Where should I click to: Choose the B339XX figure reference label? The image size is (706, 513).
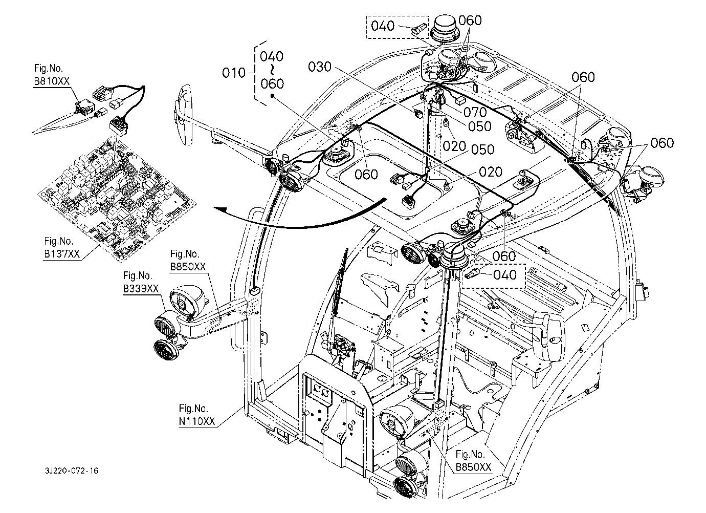tap(141, 289)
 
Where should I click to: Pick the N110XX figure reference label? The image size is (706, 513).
tap(197, 421)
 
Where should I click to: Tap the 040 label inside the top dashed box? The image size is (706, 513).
tap(383, 26)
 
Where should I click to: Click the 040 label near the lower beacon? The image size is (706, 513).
tap(505, 275)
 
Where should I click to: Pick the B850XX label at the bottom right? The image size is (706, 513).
tap(473, 466)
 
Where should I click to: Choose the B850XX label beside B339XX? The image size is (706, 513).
tap(188, 267)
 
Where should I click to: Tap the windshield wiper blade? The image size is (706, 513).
tap(340, 282)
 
